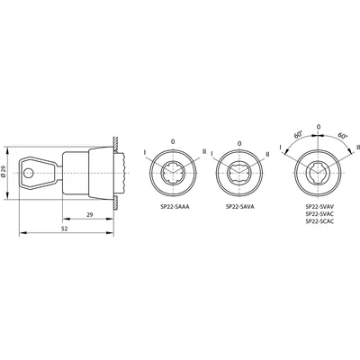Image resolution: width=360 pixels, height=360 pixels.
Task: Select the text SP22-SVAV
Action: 318,206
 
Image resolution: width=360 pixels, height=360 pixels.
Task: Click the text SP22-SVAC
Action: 318,213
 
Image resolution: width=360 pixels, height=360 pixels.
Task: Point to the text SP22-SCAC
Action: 318,221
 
